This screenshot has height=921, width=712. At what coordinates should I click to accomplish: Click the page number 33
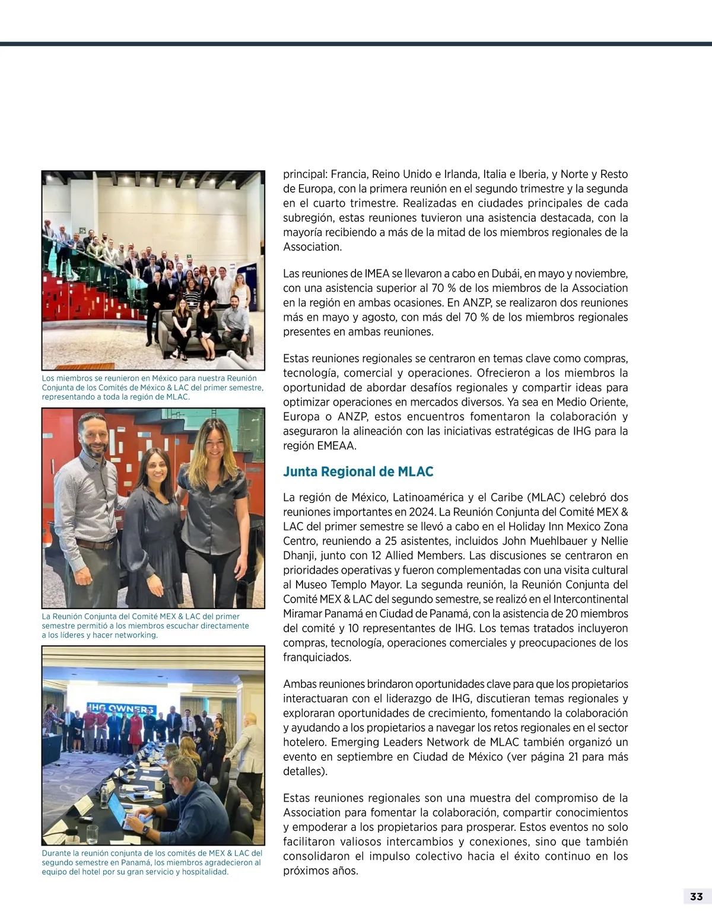(x=696, y=896)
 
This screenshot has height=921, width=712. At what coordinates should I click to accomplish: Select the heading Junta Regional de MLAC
(x=358, y=471)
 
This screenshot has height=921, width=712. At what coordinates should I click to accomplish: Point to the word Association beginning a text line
(x=312, y=247)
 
